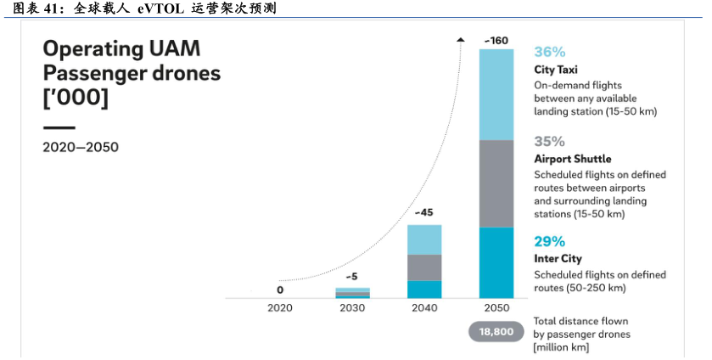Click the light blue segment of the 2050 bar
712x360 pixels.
[496, 94]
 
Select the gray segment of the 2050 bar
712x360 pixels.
[496, 183]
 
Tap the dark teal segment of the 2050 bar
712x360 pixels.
[496, 262]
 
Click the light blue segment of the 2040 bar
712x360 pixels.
[424, 239]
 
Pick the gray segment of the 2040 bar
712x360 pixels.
[424, 267]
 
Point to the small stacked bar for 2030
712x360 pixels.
[352, 293]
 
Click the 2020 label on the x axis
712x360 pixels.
[279, 308]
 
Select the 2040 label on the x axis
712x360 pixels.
[424, 308]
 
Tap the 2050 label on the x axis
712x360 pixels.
[496, 308]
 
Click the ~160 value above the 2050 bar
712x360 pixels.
[496, 40]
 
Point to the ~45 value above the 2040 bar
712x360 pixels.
[424, 212]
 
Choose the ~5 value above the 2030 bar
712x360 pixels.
[352, 277]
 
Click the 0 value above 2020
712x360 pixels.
[279, 290]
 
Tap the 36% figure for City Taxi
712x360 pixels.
[549, 52]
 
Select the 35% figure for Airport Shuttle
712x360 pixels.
[549, 141]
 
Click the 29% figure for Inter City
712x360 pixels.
[549, 241]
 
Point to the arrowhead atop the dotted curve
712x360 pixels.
[460, 39]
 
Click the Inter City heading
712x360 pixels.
[558, 259]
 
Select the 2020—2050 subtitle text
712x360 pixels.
[81, 147]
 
